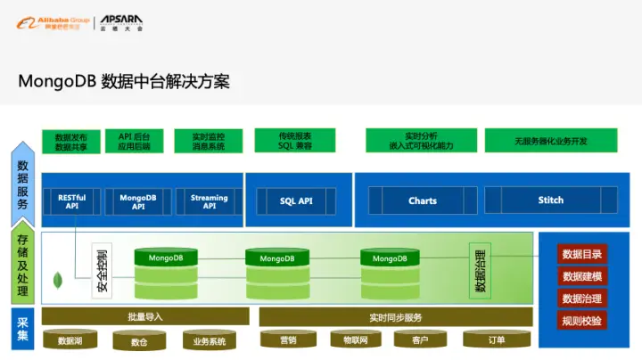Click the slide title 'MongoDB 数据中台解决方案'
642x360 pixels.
[x=124, y=81]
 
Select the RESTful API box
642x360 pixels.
[x=72, y=201]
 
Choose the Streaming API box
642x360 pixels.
[x=209, y=201]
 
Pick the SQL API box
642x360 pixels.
[x=296, y=201]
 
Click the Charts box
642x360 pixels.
[x=423, y=200]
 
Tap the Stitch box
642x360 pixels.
[x=550, y=200]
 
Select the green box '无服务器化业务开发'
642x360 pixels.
[x=550, y=141]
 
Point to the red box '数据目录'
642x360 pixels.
[x=581, y=254]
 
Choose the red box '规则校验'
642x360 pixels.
[x=581, y=320]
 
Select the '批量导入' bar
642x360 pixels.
[x=145, y=317]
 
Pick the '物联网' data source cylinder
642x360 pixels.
[x=349, y=340]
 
